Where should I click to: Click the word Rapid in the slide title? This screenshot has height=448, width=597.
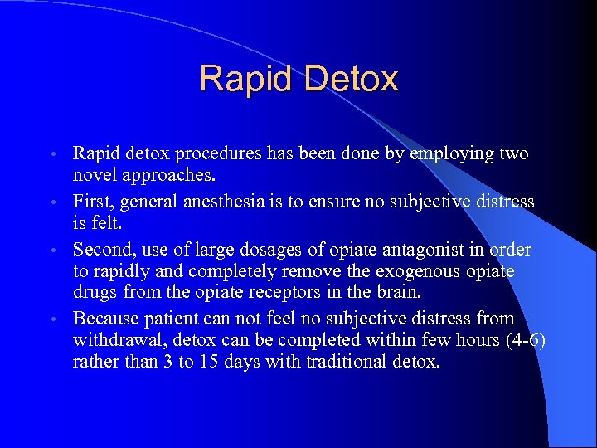(247, 80)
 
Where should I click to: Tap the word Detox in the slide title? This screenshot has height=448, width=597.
(351, 80)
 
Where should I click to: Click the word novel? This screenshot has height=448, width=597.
(95, 175)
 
